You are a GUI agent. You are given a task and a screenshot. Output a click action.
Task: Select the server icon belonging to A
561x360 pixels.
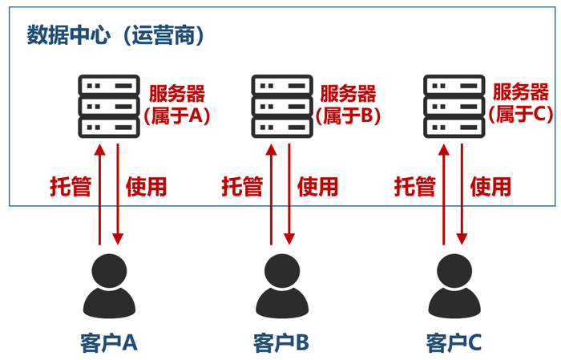coord(108,106)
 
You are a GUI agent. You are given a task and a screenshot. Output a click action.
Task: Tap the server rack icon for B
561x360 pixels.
coord(281,106)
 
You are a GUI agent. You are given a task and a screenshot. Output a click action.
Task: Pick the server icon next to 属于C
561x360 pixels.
coord(454,106)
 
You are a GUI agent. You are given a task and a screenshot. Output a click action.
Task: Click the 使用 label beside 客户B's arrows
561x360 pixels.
coord(318,187)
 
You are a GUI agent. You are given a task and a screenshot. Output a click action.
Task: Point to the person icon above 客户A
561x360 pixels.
coord(108,285)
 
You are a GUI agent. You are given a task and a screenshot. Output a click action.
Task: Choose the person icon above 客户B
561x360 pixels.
coord(280,285)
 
